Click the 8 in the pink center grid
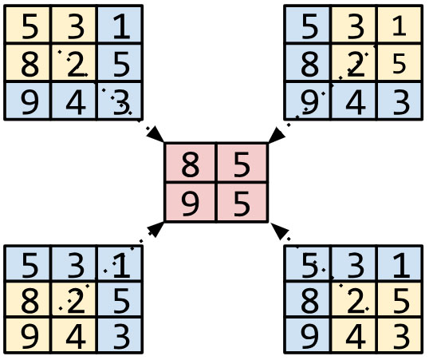click(x=191, y=166)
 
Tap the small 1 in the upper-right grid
click(x=400, y=30)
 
